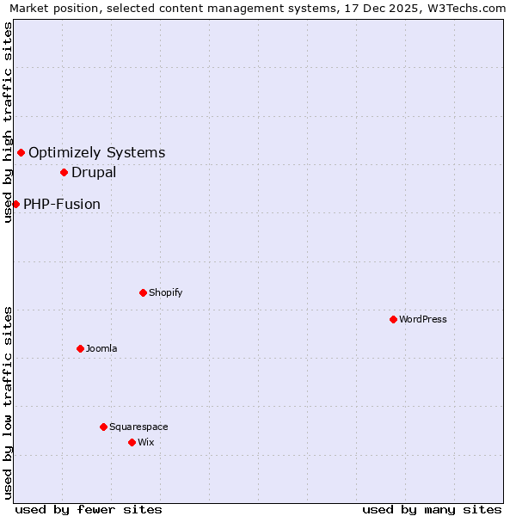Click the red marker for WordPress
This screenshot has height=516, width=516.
tap(393, 319)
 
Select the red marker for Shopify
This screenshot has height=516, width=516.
tap(143, 292)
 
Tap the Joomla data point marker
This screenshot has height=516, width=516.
tap(80, 348)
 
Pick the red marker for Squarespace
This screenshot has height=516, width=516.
tap(103, 427)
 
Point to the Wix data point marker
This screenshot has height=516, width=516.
tap(132, 442)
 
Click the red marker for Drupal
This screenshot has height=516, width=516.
tap(64, 172)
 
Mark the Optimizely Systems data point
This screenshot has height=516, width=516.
tap(21, 152)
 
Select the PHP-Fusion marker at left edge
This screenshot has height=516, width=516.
tap(15, 204)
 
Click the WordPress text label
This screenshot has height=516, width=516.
tap(423, 319)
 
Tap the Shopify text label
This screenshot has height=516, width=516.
tap(166, 292)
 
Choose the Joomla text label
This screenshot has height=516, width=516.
tap(101, 348)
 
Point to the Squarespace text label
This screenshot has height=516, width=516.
tap(138, 427)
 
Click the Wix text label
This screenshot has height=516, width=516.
tap(145, 442)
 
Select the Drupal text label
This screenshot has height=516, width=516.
tap(94, 172)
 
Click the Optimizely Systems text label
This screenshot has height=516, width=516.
tap(97, 152)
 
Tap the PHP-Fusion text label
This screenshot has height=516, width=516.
tap(62, 204)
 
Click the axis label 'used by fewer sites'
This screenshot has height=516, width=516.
tap(89, 509)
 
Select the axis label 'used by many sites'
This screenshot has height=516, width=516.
tap(432, 509)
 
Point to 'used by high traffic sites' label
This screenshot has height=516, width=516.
tap(9, 122)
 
